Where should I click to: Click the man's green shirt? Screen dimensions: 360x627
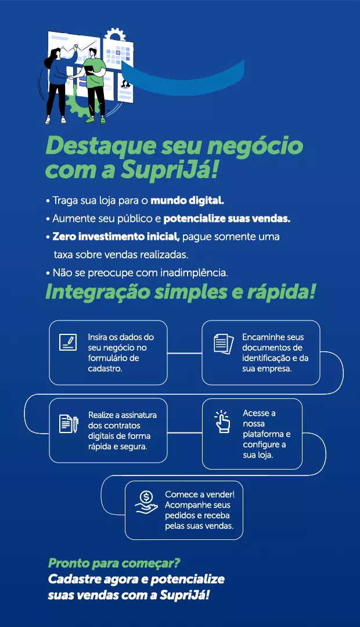click(96, 67)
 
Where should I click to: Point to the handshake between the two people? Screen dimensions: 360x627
click(73, 77)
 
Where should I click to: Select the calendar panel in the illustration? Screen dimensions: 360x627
click(118, 53)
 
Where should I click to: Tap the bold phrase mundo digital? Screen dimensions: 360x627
click(187, 200)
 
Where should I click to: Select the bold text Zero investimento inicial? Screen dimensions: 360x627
click(116, 237)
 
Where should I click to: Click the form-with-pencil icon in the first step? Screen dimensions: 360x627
click(68, 343)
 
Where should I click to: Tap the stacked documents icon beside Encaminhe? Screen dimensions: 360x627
click(224, 344)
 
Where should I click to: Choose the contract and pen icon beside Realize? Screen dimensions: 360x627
click(69, 424)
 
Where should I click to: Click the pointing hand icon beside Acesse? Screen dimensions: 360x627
click(222, 421)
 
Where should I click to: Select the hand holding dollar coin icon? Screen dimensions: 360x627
click(146, 503)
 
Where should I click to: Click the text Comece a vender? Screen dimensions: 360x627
click(200, 495)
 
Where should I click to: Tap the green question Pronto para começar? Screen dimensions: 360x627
click(114, 563)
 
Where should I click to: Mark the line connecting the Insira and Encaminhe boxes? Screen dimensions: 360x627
click(185, 354)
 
